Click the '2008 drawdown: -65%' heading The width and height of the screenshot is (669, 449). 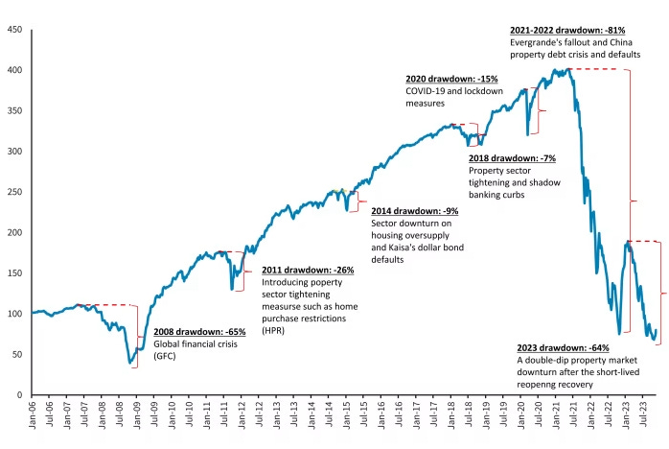click(x=200, y=332)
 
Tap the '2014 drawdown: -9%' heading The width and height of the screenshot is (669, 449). click(x=415, y=210)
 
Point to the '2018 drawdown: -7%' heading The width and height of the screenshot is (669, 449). click(x=512, y=158)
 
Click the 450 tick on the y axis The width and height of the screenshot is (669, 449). click(x=15, y=30)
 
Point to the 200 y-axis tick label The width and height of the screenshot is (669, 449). click(x=15, y=232)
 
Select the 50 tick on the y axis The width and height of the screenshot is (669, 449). click(x=18, y=354)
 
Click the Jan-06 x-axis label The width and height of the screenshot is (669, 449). click(x=34, y=420)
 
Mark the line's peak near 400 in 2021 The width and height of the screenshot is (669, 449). click(x=568, y=69)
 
